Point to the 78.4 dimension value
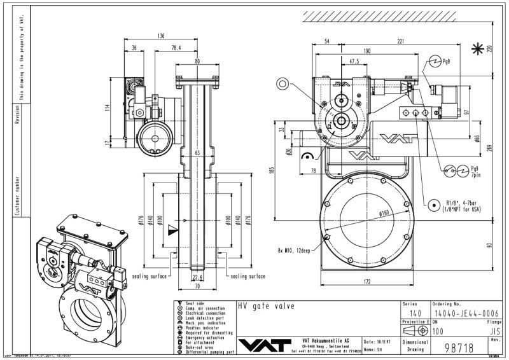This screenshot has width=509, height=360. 176,48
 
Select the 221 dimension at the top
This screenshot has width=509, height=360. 401,41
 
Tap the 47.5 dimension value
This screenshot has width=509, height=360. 354,62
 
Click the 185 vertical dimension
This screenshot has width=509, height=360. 272,170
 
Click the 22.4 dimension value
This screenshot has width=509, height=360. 197,277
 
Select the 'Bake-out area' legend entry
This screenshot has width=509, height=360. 203,347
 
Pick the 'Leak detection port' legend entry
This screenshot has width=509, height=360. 204,318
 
